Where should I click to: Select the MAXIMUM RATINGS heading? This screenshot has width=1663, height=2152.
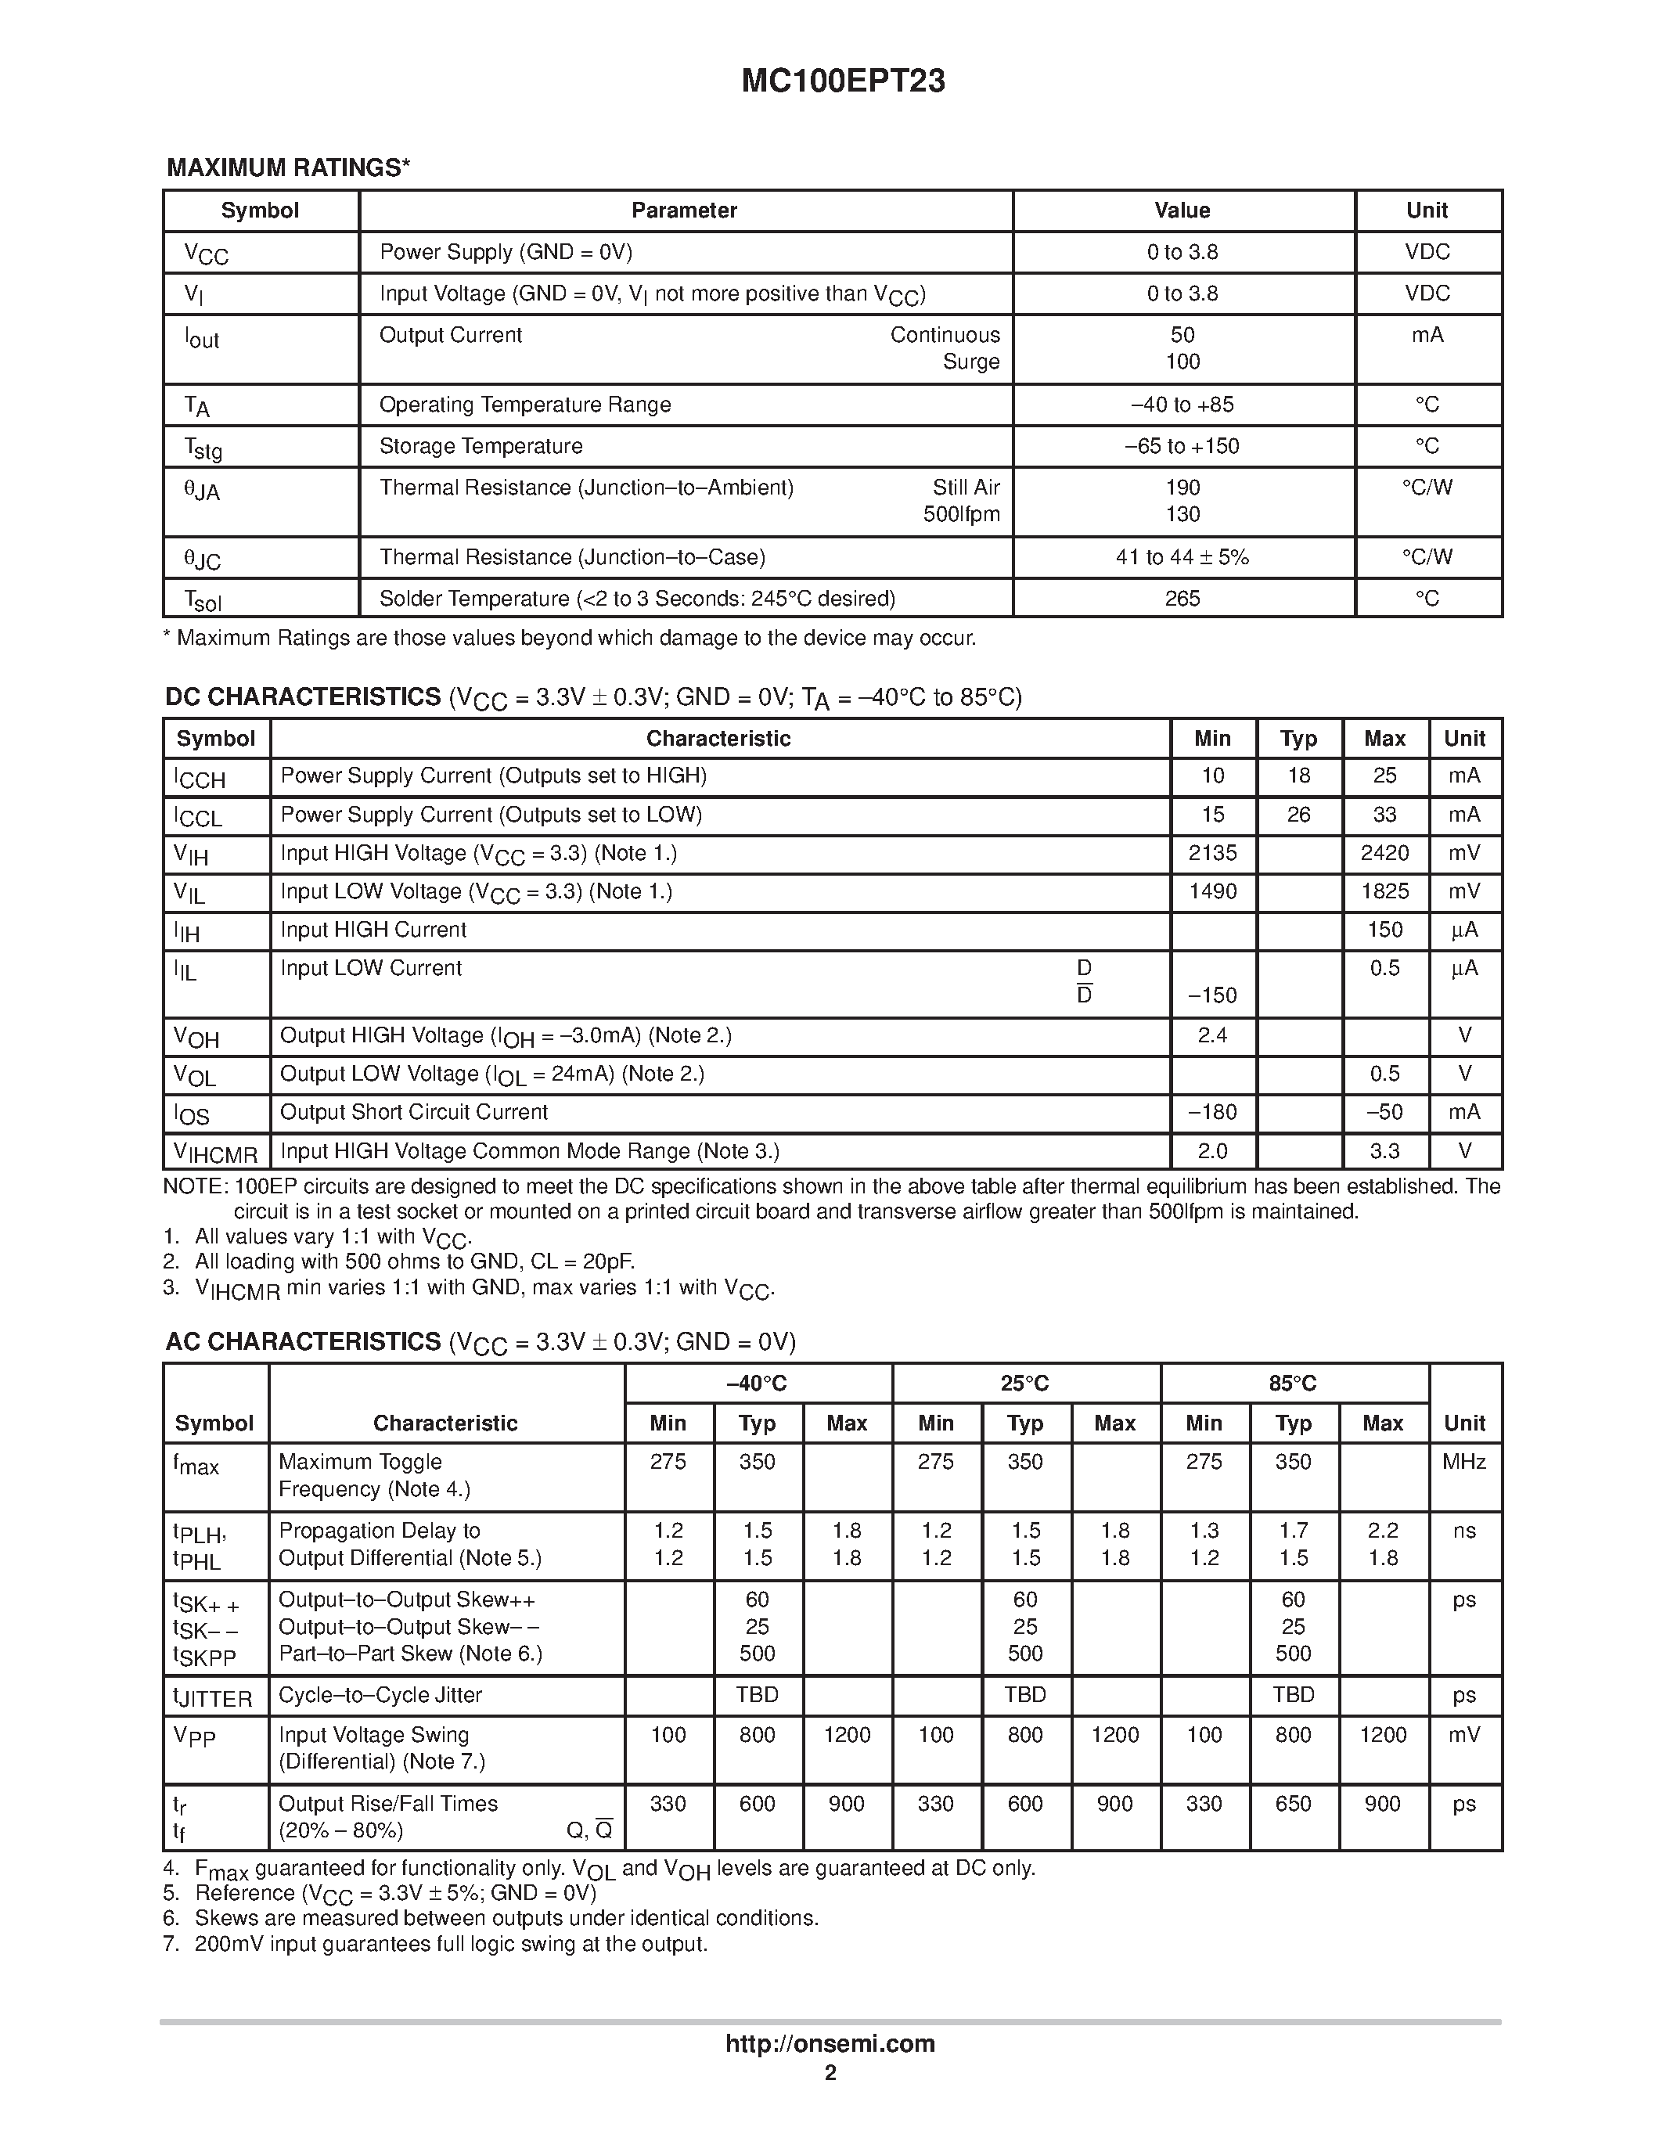coord(288,167)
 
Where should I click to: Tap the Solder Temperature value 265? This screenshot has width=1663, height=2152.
coord(1182,599)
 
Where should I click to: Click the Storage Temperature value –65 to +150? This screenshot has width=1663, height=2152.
coord(1182,446)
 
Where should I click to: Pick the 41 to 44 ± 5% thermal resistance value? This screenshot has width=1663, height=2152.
coord(1182,558)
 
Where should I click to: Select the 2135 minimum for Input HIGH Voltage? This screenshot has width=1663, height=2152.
coord(1213,853)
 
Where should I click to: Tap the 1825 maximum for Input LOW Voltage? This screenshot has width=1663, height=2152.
coord(1384,892)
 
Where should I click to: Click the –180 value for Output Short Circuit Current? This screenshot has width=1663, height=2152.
coord(1213,1113)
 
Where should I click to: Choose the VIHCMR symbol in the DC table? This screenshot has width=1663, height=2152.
coord(214,1153)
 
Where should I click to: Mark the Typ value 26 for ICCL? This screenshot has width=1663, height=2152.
coord(1298,815)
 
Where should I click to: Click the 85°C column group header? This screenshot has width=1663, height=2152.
coord(1293,1384)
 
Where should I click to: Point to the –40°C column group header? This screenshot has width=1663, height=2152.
coord(757,1384)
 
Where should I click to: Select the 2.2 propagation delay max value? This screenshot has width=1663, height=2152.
coord(1383,1530)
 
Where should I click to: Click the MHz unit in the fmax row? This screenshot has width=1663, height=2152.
coord(1464,1463)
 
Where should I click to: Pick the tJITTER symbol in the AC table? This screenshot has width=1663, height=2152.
coord(213,1697)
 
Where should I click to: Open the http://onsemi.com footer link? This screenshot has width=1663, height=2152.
coord(830,2043)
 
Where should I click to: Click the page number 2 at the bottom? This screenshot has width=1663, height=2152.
coord(830,2073)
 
